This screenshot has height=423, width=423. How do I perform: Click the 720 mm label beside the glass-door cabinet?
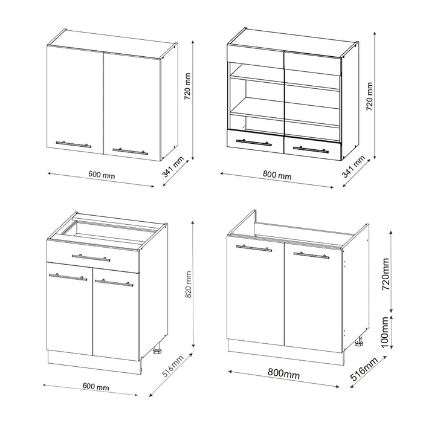[370, 95]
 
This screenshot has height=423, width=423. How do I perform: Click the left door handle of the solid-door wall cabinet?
[73, 144]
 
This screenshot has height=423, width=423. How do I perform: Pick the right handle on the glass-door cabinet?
[310, 149]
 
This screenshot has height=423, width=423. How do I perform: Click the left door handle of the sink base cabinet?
[254, 248]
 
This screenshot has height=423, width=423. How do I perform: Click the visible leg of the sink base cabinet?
[359, 343]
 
